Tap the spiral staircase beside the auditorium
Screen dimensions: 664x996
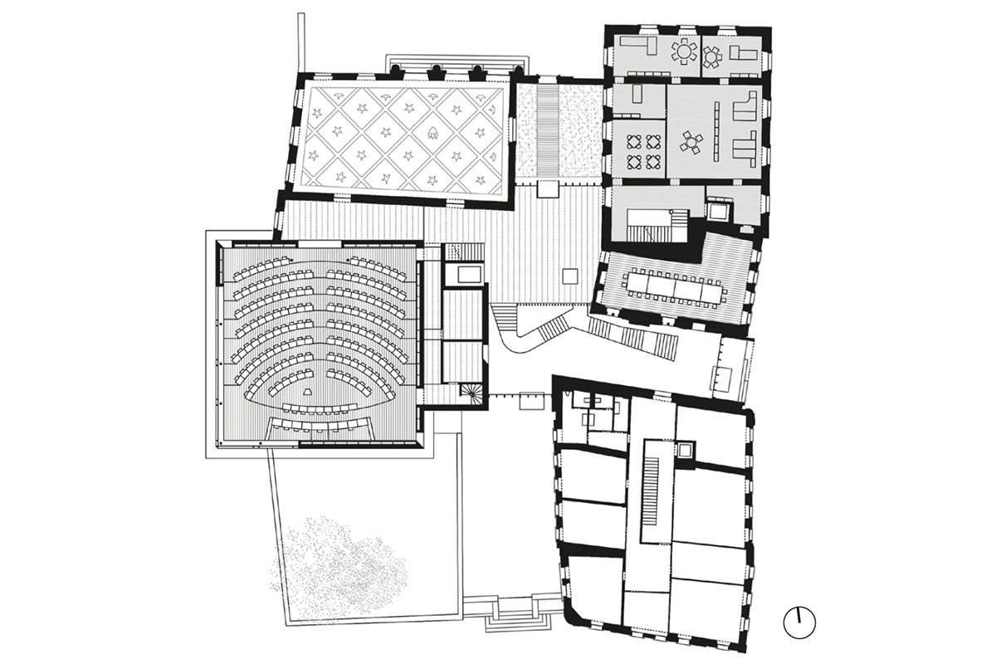click(x=471, y=393)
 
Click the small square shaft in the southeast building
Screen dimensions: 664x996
click(x=685, y=451)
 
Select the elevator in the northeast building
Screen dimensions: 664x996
click(x=716, y=210)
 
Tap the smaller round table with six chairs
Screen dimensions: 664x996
click(x=712, y=56)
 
